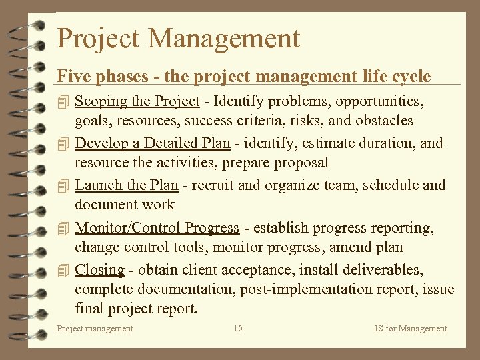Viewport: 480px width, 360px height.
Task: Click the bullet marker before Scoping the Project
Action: click(x=63, y=102)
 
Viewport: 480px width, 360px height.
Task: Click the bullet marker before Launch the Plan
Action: click(x=63, y=186)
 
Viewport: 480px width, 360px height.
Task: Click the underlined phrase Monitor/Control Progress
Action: click(x=157, y=228)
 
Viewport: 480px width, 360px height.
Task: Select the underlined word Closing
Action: click(x=99, y=271)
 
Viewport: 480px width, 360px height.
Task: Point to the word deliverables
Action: click(x=381, y=270)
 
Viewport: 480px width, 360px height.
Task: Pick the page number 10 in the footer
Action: click(x=238, y=328)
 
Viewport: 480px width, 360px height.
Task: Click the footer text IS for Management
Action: click(x=411, y=328)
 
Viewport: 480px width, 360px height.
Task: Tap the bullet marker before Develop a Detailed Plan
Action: click(x=63, y=143)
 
